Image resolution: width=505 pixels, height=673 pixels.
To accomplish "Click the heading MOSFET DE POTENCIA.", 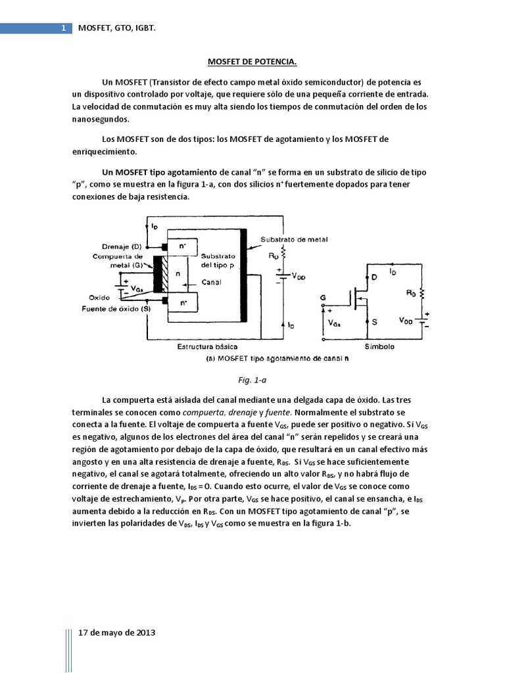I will [x=252, y=62].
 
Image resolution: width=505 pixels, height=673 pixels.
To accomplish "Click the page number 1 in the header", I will [x=63, y=28].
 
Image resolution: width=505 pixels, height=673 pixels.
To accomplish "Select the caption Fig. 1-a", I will [x=252, y=380].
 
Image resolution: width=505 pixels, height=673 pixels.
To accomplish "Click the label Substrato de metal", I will [x=293, y=239].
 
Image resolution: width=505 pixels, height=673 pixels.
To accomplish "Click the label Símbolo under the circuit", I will [x=379, y=346].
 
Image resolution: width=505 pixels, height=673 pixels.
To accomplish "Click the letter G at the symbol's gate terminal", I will [x=323, y=296].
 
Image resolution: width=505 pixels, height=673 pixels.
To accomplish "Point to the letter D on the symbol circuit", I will [x=374, y=277].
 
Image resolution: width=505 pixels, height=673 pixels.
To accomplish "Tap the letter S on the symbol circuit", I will [x=374, y=322].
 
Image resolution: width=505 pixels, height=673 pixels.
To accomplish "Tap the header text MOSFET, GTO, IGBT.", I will [x=117, y=28].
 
